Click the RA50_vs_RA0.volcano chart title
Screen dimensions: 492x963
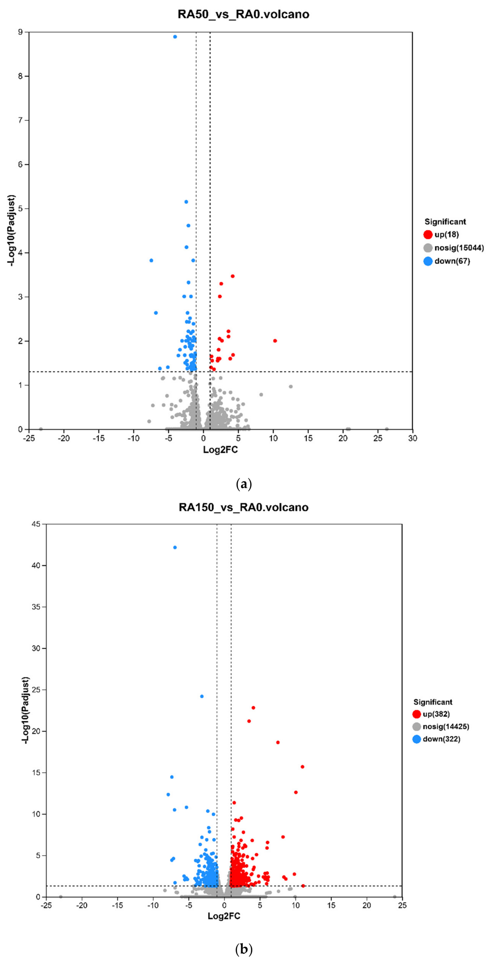(x=243, y=14)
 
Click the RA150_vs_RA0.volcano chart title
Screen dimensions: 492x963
(x=244, y=507)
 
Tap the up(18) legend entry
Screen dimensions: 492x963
(x=441, y=235)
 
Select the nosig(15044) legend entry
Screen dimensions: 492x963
(x=453, y=248)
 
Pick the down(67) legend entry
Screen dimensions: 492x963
(x=447, y=261)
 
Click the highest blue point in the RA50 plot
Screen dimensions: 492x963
(x=175, y=37)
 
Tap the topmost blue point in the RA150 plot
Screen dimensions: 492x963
(x=175, y=548)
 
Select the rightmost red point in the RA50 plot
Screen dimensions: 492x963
(x=275, y=341)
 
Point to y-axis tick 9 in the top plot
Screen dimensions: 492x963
(x=20, y=32)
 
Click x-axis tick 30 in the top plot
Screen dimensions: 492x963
(x=413, y=438)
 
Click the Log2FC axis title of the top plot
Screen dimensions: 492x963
(x=220, y=450)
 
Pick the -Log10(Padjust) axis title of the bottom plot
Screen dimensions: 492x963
(x=26, y=710)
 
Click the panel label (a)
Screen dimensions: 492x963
(x=244, y=484)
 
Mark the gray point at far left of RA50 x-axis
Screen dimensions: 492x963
(x=41, y=429)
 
